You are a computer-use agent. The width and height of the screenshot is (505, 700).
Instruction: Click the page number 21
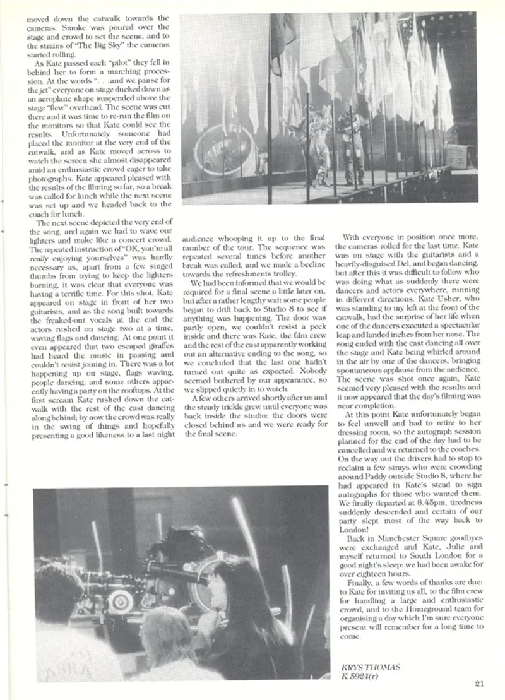click(478, 682)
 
